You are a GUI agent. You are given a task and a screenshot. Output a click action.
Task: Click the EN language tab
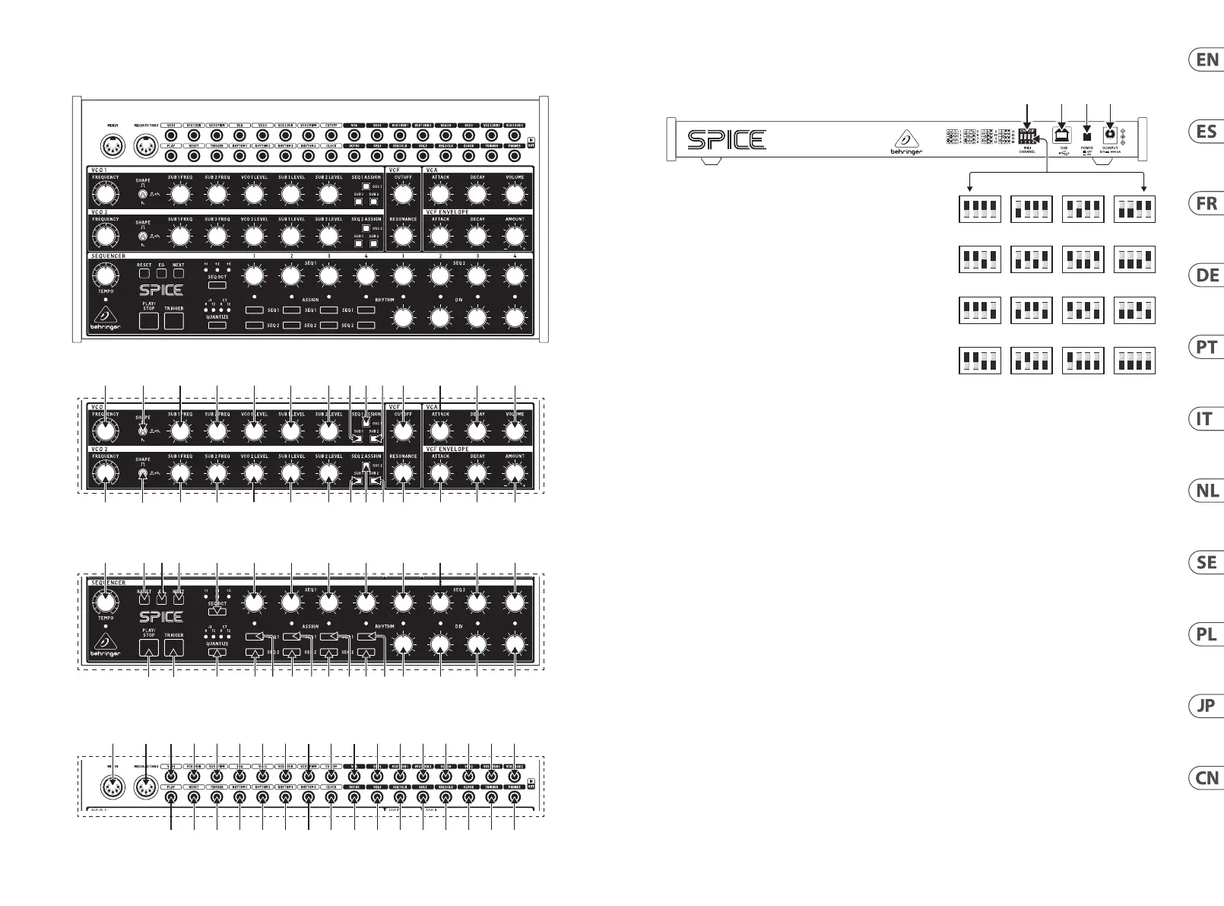(1207, 60)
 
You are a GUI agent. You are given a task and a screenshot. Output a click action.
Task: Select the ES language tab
(1207, 132)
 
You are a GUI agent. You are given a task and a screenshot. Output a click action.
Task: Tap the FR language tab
(1207, 204)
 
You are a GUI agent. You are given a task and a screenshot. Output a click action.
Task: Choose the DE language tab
(1207, 275)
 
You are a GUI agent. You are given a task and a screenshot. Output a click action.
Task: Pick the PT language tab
(1207, 348)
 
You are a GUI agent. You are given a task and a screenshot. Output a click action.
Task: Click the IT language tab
(1207, 419)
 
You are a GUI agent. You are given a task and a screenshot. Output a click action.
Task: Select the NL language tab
(1207, 491)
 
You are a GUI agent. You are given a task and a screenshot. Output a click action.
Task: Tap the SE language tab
(1207, 563)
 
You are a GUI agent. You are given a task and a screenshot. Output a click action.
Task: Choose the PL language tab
(1207, 634)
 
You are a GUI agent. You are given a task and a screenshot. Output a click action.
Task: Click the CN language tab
(1207, 778)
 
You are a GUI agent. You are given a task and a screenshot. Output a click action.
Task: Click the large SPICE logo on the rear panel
(726, 140)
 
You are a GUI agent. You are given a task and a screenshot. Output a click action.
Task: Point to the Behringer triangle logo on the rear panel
(905, 138)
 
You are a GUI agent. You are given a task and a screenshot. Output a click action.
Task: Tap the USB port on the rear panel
(1063, 134)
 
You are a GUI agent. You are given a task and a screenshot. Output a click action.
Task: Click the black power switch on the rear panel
(1087, 135)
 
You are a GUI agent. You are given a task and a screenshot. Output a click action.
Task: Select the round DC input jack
(1110, 134)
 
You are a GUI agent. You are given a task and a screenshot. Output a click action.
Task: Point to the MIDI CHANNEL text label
(1027, 150)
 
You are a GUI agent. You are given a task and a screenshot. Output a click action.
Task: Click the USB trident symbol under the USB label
(1063, 152)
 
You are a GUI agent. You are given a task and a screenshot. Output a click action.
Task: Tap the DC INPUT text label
(1110, 148)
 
